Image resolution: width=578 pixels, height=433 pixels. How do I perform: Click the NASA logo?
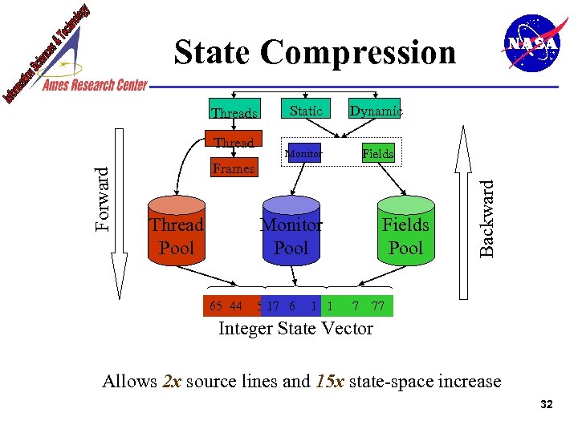pos(530,43)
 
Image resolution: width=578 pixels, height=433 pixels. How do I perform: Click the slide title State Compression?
pos(315,53)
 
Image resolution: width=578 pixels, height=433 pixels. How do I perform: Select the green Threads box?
pos(234,114)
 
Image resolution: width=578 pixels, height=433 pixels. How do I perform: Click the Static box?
pos(306,111)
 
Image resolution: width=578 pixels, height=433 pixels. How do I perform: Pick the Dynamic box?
pos(375,111)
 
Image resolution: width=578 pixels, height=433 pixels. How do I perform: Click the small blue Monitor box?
pos(305,153)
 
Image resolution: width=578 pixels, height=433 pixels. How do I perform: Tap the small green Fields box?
pos(377,153)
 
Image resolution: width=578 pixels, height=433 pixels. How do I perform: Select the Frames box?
pos(234,168)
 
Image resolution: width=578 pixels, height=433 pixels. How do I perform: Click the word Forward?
pos(103,197)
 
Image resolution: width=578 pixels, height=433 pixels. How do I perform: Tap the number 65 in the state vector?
pos(216,306)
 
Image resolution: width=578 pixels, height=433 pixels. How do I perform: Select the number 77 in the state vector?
pos(378,306)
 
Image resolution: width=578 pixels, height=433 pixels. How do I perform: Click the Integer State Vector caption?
pos(296,329)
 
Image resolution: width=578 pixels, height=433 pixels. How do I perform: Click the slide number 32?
pos(547,405)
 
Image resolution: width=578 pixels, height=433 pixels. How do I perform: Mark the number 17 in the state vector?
pos(273,306)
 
